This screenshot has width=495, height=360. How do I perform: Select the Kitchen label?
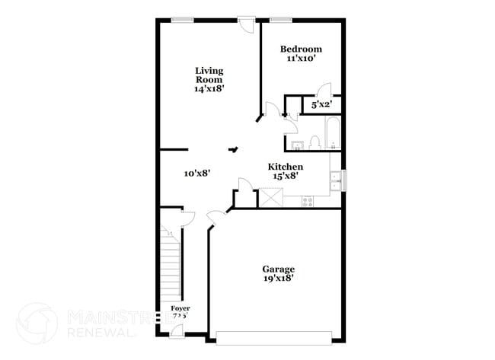(x=286, y=167)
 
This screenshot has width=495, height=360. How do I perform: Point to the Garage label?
(x=278, y=269)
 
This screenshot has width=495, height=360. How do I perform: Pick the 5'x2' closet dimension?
(x=321, y=104)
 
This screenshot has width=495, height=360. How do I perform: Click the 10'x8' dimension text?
(x=196, y=173)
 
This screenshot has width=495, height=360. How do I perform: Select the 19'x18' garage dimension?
(x=278, y=279)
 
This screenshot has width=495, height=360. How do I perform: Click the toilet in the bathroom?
(x=315, y=142)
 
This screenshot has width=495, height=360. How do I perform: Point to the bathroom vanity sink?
(x=297, y=143)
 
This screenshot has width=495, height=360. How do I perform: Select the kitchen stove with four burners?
(x=308, y=201)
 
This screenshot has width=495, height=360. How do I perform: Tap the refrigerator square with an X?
(x=270, y=198)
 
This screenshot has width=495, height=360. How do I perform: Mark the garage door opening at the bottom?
(x=274, y=336)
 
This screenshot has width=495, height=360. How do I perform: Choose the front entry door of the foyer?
(x=177, y=330)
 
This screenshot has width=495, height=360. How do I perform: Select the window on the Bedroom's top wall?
(x=281, y=20)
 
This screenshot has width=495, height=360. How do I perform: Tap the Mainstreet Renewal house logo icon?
(x=36, y=322)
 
